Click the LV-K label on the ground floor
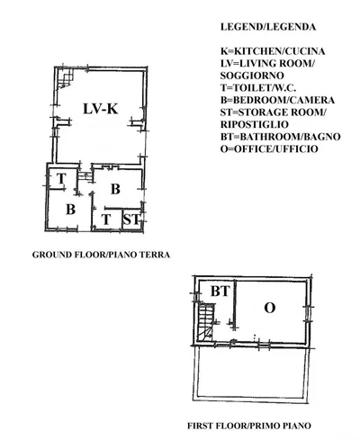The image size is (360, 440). point(101,109)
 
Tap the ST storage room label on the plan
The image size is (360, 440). point(131,220)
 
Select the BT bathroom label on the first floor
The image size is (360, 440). point(220,292)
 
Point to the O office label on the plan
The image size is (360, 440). point(269,308)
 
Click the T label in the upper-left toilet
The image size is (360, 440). point(61,179)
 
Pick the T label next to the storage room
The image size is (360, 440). point(106,220)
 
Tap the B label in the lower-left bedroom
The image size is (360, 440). point(70,210)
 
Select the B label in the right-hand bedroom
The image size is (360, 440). point(115,189)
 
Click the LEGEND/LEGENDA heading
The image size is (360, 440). point(268,27)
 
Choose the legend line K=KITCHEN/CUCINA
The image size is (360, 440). point(273,51)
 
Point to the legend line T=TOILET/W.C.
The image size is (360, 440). point(258,88)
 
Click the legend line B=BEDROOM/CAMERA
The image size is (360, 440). point(277,100)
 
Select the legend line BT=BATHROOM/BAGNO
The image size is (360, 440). point(281,137)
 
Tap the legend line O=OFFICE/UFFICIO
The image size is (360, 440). point(269,149)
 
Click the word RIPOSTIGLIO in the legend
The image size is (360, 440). point(255,124)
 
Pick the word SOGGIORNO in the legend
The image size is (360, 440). point(252,76)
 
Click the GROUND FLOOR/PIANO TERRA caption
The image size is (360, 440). point(101,255)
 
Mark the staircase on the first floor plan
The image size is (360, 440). point(206,322)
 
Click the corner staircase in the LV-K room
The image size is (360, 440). point(65,78)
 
